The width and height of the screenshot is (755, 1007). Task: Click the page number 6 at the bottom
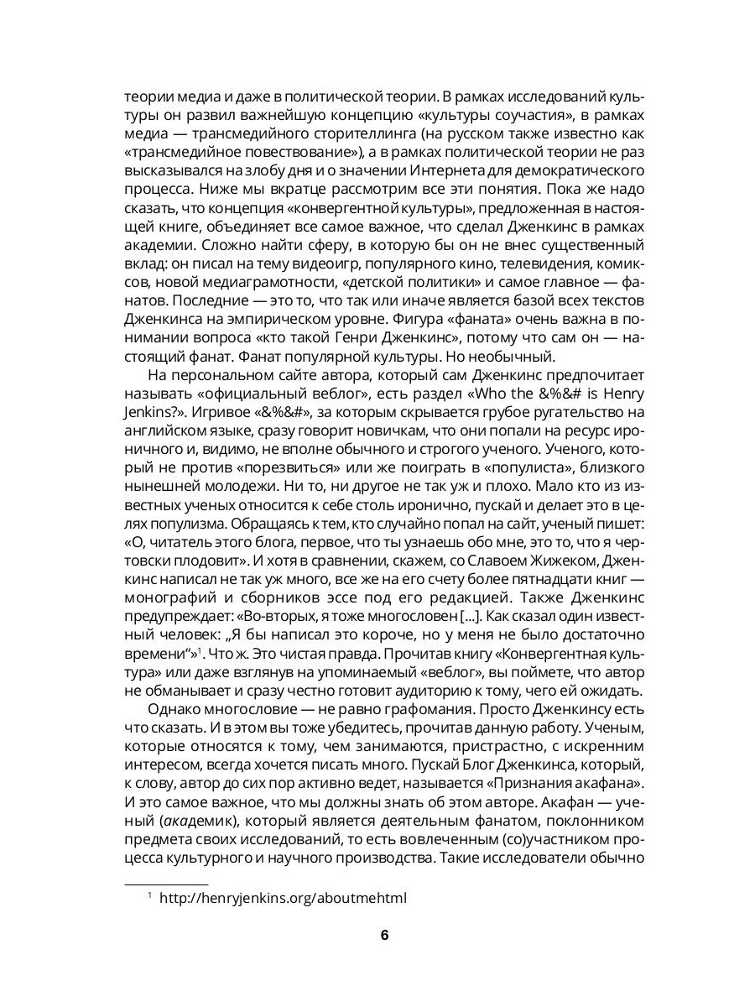coord(384,936)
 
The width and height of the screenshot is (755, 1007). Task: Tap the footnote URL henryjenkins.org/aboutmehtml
coord(283,898)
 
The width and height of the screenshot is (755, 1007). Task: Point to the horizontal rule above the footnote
coord(165,884)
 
